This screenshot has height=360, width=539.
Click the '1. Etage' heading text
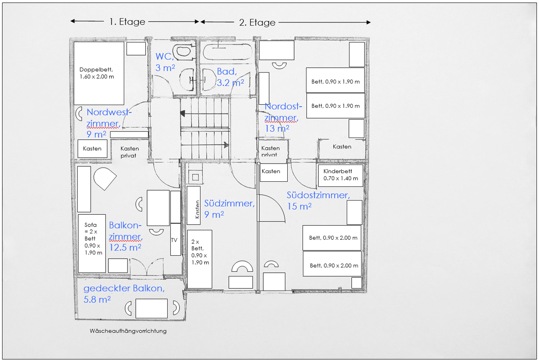point(127,21)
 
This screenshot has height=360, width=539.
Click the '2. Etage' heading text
point(257,22)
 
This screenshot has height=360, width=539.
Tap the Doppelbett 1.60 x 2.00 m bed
point(99,73)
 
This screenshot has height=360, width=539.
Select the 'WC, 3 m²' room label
point(165,62)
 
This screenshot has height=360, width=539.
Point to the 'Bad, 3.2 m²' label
point(227,77)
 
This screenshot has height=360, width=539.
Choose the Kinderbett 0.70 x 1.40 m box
point(340,175)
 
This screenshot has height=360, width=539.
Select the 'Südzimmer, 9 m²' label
point(228,208)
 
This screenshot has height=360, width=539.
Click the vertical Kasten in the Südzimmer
point(194,205)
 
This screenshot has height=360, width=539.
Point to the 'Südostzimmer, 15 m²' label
point(318,201)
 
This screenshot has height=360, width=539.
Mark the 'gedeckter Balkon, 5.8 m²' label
point(123,293)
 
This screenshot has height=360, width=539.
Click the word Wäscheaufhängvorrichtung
point(128,331)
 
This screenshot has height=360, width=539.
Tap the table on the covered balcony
point(151,308)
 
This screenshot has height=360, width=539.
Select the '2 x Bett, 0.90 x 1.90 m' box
point(200,259)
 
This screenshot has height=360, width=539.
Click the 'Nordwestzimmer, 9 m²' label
point(109,123)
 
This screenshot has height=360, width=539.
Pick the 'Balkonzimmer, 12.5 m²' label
point(125,236)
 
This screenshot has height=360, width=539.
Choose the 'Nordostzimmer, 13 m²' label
point(283,117)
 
